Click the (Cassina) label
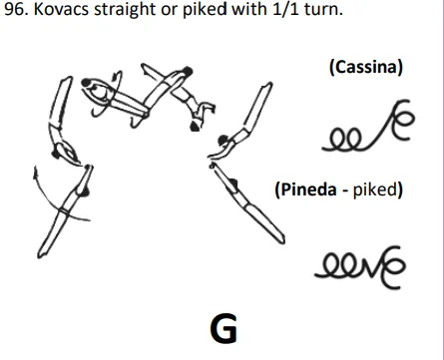[364, 68]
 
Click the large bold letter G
[223, 326]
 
